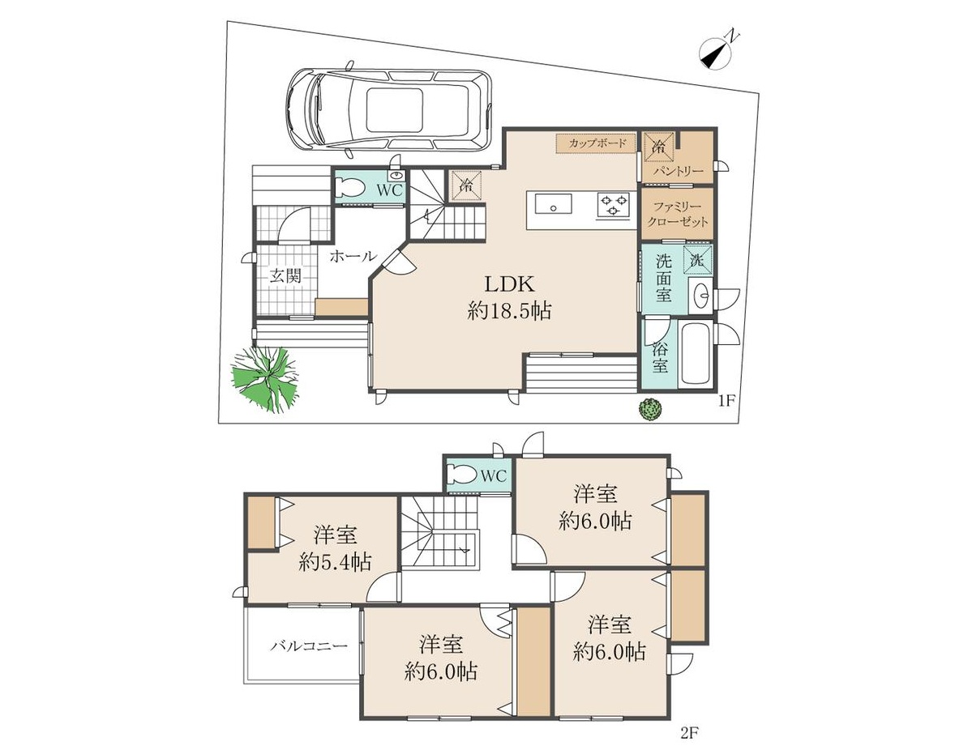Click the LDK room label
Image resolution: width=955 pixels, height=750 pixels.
coord(509,283)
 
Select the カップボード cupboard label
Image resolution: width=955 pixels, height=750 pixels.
coord(597,143)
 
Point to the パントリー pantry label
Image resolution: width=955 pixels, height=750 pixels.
coord(678,172)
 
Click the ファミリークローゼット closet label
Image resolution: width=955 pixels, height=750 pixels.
coord(677,214)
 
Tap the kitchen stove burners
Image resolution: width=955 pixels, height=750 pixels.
coord(613,204)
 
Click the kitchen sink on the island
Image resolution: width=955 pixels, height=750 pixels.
coord(553,204)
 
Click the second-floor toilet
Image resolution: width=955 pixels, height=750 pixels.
coord(462,474)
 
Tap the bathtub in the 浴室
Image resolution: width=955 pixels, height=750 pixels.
coord(697,354)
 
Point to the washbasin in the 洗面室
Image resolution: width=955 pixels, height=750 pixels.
coord(700,296)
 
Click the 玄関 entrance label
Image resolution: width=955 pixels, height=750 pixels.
coord(285,276)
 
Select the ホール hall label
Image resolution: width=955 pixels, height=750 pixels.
coord(353,257)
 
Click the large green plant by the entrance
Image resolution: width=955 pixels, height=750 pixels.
coord(266,377)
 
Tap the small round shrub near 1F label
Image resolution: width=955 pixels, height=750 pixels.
coord(650,409)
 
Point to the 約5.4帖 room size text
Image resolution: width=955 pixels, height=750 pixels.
coord(335,562)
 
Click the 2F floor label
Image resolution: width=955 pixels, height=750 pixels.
coord(688,733)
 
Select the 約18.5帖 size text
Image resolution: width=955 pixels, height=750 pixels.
coord(510,312)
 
